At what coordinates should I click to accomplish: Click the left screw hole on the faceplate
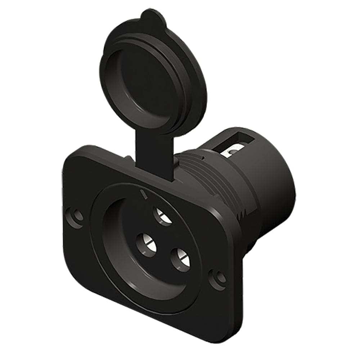(x=77, y=216)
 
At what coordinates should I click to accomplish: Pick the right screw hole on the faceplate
(x=218, y=278)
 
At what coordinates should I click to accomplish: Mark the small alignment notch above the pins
(x=144, y=195)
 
